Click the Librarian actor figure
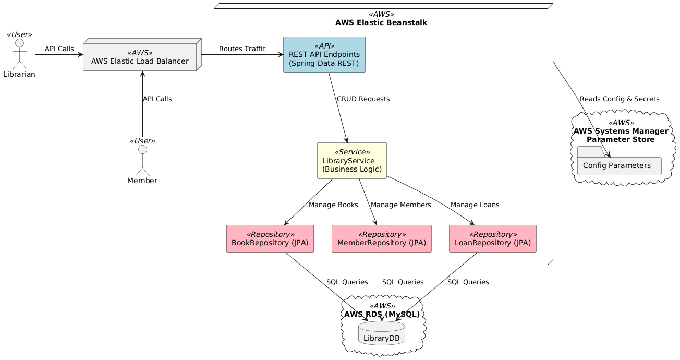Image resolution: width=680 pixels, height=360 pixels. (x=19, y=54)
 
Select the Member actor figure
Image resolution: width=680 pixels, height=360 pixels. (x=142, y=161)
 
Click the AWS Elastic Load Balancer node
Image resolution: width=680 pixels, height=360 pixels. (x=140, y=57)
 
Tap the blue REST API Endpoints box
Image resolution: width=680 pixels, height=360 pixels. (x=324, y=55)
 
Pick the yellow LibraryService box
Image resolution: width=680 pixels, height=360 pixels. (x=352, y=161)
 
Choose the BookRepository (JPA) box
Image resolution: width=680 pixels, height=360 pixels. (x=270, y=238)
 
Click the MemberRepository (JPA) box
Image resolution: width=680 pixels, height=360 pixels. (x=382, y=238)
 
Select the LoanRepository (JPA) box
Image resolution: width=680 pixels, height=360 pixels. (x=493, y=238)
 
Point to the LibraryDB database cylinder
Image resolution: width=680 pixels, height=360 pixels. (x=382, y=333)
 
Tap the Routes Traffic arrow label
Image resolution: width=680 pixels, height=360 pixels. (x=242, y=49)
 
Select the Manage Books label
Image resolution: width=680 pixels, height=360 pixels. (x=333, y=205)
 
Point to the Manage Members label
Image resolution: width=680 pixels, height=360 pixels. (x=401, y=205)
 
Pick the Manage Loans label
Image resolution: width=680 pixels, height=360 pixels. (x=475, y=205)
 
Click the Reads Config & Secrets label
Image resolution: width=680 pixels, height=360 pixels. (x=620, y=99)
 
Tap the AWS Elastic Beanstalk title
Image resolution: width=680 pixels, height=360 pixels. (x=382, y=23)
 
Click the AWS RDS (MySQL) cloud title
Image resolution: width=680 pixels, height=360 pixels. (x=382, y=314)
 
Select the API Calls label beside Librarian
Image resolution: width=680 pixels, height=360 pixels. (x=59, y=49)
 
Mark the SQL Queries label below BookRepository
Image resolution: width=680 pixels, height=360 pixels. (x=347, y=282)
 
